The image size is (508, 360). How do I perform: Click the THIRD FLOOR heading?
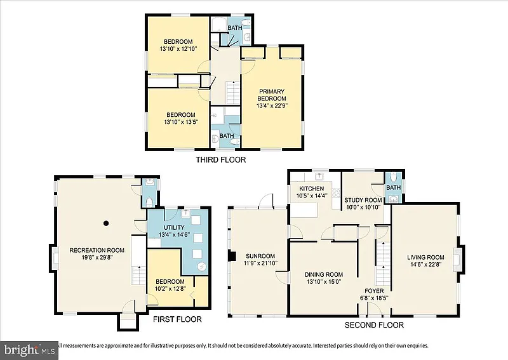pyautogui.click(x=221, y=159)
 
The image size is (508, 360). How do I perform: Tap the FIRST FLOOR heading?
pyautogui.click(x=177, y=319)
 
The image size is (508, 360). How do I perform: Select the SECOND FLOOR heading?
pyautogui.click(x=374, y=325)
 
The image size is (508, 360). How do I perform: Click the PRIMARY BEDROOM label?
pyautogui.click(x=272, y=95)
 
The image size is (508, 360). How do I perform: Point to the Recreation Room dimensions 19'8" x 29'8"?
pyautogui.click(x=97, y=258)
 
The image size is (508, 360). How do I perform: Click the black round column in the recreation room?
pyautogui.click(x=105, y=223)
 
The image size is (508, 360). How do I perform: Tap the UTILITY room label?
pyautogui.click(x=174, y=227)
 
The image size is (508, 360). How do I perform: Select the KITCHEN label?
pyautogui.click(x=311, y=189)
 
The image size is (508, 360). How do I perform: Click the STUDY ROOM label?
pyautogui.click(x=363, y=200)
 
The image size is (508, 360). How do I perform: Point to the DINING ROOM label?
pyautogui.click(x=324, y=274)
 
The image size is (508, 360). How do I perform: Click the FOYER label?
pyautogui.click(x=374, y=291)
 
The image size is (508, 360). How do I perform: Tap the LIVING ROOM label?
pyautogui.click(x=425, y=257)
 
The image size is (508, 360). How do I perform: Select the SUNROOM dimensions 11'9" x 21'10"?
pyautogui.click(x=260, y=263)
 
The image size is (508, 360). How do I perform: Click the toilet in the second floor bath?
pyautogui.click(x=393, y=177)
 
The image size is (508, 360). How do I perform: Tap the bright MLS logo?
pyautogui.click(x=29, y=350)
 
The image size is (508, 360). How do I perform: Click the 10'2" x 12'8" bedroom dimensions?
pyautogui.click(x=170, y=288)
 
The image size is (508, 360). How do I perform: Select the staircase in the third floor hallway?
pyautogui.click(x=233, y=93)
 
